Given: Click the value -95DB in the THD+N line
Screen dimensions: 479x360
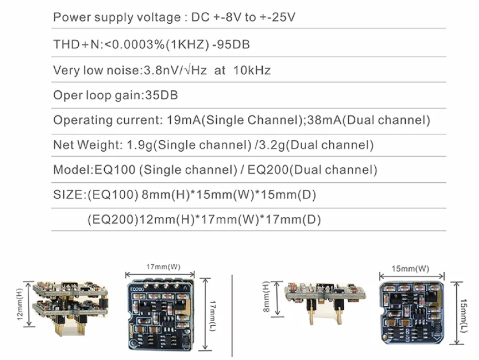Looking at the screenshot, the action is pos(231,44).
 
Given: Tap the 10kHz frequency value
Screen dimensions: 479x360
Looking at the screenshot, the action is pos(252,70).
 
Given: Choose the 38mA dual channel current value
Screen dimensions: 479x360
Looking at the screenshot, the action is pos(324,120).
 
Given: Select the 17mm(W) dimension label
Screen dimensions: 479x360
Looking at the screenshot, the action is pos(163,266).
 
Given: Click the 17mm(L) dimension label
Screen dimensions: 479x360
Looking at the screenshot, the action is pos(213,316).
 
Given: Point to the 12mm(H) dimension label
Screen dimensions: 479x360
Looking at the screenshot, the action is pos(20,304).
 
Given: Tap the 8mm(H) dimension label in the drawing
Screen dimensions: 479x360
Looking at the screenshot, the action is pos(266,296).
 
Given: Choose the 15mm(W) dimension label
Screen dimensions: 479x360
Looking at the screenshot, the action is pos(410,269).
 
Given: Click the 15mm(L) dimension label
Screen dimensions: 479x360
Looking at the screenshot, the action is pos(463,316).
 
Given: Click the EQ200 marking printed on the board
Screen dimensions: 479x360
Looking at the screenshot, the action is pos(137,289).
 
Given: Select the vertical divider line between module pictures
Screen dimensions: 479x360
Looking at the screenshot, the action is pos(232,316).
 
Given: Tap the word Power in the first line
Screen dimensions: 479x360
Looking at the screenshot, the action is pos(72,17).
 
